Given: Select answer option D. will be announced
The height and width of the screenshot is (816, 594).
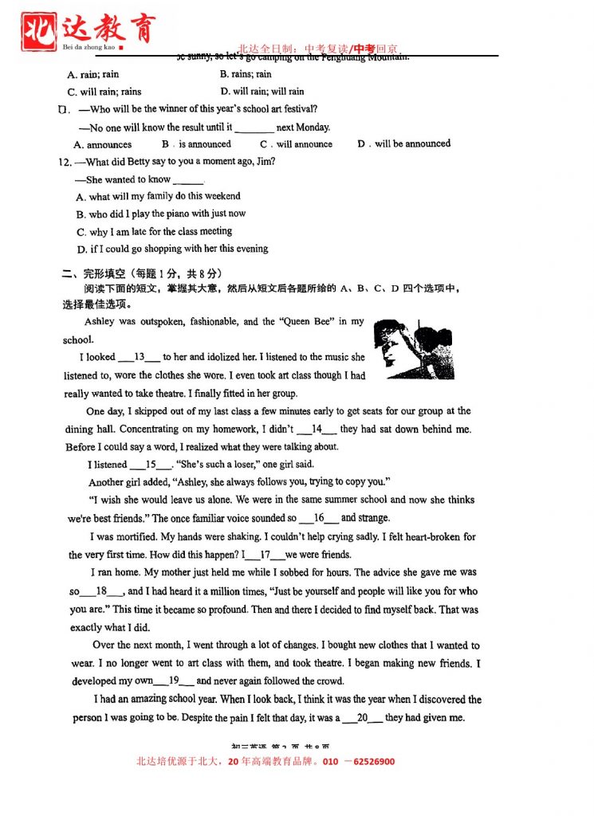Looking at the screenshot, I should [403, 144].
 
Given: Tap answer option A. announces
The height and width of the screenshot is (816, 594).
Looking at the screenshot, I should [103, 145].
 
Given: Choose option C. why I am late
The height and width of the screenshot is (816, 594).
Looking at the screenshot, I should [155, 232].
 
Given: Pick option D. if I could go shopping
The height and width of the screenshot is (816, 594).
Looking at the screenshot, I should [172, 249].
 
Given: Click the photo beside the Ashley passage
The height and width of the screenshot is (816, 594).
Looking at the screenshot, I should [402, 348].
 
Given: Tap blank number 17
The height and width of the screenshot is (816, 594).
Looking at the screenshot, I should [266, 555].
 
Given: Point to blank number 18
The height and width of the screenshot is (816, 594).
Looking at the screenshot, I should [101, 591].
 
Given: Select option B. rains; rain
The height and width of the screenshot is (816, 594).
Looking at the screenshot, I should [246, 74].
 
